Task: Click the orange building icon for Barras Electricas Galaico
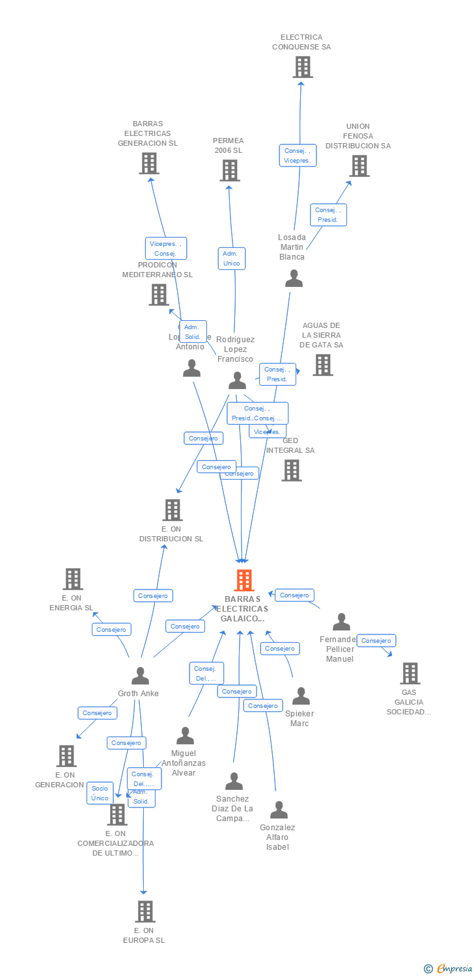[244, 580]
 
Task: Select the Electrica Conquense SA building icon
[302, 67]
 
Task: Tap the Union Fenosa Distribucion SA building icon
[359, 166]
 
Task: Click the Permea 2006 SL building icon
[229, 170]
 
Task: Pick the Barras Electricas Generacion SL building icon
[149, 163]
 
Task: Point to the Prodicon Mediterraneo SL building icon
[159, 295]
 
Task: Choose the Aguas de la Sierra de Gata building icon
[322, 365]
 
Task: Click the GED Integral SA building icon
[292, 470]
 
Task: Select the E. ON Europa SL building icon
[145, 912]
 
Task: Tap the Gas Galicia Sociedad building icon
[410, 673]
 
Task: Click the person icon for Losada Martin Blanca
[294, 278]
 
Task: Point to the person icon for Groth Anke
[140, 676]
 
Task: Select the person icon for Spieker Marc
[301, 696]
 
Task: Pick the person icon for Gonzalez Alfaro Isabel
[279, 810]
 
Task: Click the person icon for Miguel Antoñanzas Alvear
[186, 736]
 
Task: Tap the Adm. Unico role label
[231, 258]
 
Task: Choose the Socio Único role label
[100, 793]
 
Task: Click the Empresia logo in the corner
[453, 969]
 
